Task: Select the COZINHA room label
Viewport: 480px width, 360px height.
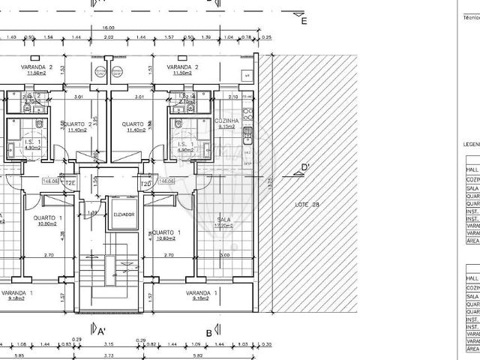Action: pos(226,120)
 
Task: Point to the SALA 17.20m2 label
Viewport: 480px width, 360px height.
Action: pos(223,222)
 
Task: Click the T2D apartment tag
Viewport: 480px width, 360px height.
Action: pos(147,182)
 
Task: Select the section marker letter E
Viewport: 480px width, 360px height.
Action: pos(303,21)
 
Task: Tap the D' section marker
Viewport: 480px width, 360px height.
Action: pos(304,167)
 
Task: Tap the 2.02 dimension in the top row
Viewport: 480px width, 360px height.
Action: pos(108,37)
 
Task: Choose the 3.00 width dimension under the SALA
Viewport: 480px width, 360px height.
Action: pos(226,256)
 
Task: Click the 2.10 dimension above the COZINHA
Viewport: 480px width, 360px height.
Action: pos(232,96)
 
